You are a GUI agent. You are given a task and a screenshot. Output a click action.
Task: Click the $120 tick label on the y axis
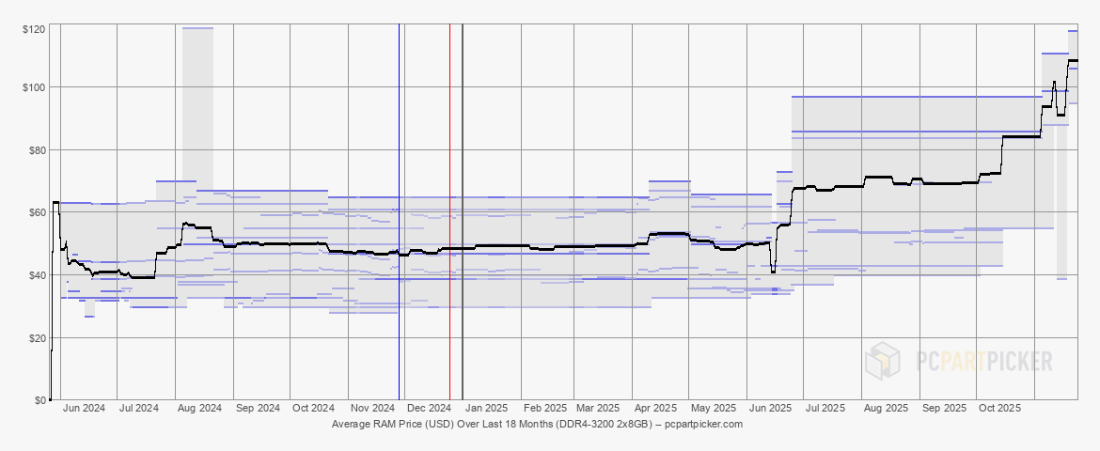pyautogui.click(x=35, y=31)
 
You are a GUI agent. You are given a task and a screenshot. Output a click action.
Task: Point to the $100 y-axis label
pyautogui.click(x=35, y=87)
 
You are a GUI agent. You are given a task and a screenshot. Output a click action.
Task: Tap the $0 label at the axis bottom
pyautogui.click(x=40, y=400)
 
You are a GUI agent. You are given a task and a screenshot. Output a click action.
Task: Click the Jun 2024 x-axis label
pyautogui.click(x=84, y=409)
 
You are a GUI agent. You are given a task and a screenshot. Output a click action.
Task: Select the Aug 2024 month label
pyautogui.click(x=198, y=409)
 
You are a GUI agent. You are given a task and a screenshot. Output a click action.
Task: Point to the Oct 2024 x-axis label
pyautogui.click(x=313, y=409)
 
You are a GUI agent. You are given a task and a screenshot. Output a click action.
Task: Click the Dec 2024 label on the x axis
pyautogui.click(x=429, y=409)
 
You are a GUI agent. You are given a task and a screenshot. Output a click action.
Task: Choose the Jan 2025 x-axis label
pyautogui.click(x=487, y=409)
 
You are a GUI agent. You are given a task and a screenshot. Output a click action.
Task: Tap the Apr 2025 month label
pyautogui.click(x=656, y=409)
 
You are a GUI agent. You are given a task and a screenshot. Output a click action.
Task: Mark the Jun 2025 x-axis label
pyautogui.click(x=770, y=409)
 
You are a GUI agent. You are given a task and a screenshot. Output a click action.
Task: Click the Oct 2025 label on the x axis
pyautogui.click(x=999, y=409)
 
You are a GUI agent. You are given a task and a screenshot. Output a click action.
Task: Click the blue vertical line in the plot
pyautogui.click(x=400, y=188)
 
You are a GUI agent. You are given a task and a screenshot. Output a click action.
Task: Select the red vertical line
pyautogui.click(x=449, y=188)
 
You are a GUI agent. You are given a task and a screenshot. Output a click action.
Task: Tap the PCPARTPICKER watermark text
pyautogui.click(x=984, y=361)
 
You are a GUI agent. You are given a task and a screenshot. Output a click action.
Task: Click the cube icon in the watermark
pyautogui.click(x=884, y=361)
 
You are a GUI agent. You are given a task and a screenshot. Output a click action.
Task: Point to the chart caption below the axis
pyautogui.click(x=537, y=425)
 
